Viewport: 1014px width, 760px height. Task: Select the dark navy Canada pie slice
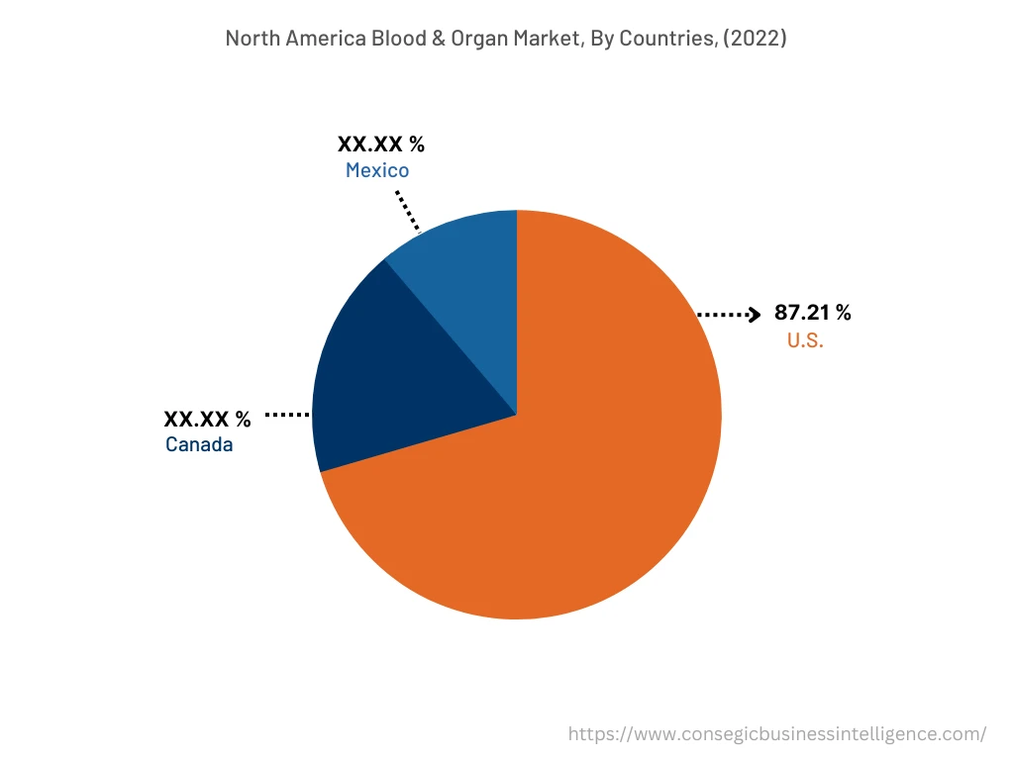(x=396, y=376)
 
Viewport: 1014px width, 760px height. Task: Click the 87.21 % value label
(x=812, y=314)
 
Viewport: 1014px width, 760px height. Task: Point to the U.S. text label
(x=805, y=341)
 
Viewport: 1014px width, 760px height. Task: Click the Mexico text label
(x=377, y=171)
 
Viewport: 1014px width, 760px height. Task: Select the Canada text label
(x=199, y=445)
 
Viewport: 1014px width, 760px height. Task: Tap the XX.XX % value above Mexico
(x=381, y=144)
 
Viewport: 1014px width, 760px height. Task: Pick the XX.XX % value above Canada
(x=207, y=419)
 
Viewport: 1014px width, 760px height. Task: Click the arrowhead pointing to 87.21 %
(x=754, y=315)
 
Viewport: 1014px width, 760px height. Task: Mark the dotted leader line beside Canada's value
(x=287, y=416)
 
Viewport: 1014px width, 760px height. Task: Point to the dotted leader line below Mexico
(x=407, y=210)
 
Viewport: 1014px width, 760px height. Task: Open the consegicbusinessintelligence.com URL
(x=776, y=734)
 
